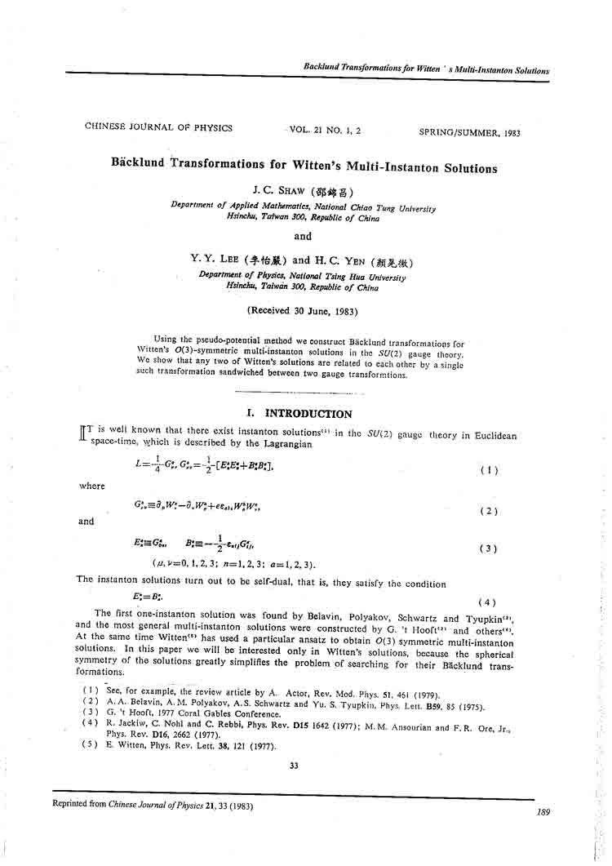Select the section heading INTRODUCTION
point(308,414)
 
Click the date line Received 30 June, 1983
point(301,310)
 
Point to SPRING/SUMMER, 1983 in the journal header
point(469,132)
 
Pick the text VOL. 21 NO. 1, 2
point(325,129)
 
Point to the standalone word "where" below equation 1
point(92,486)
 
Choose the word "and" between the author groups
point(302,237)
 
